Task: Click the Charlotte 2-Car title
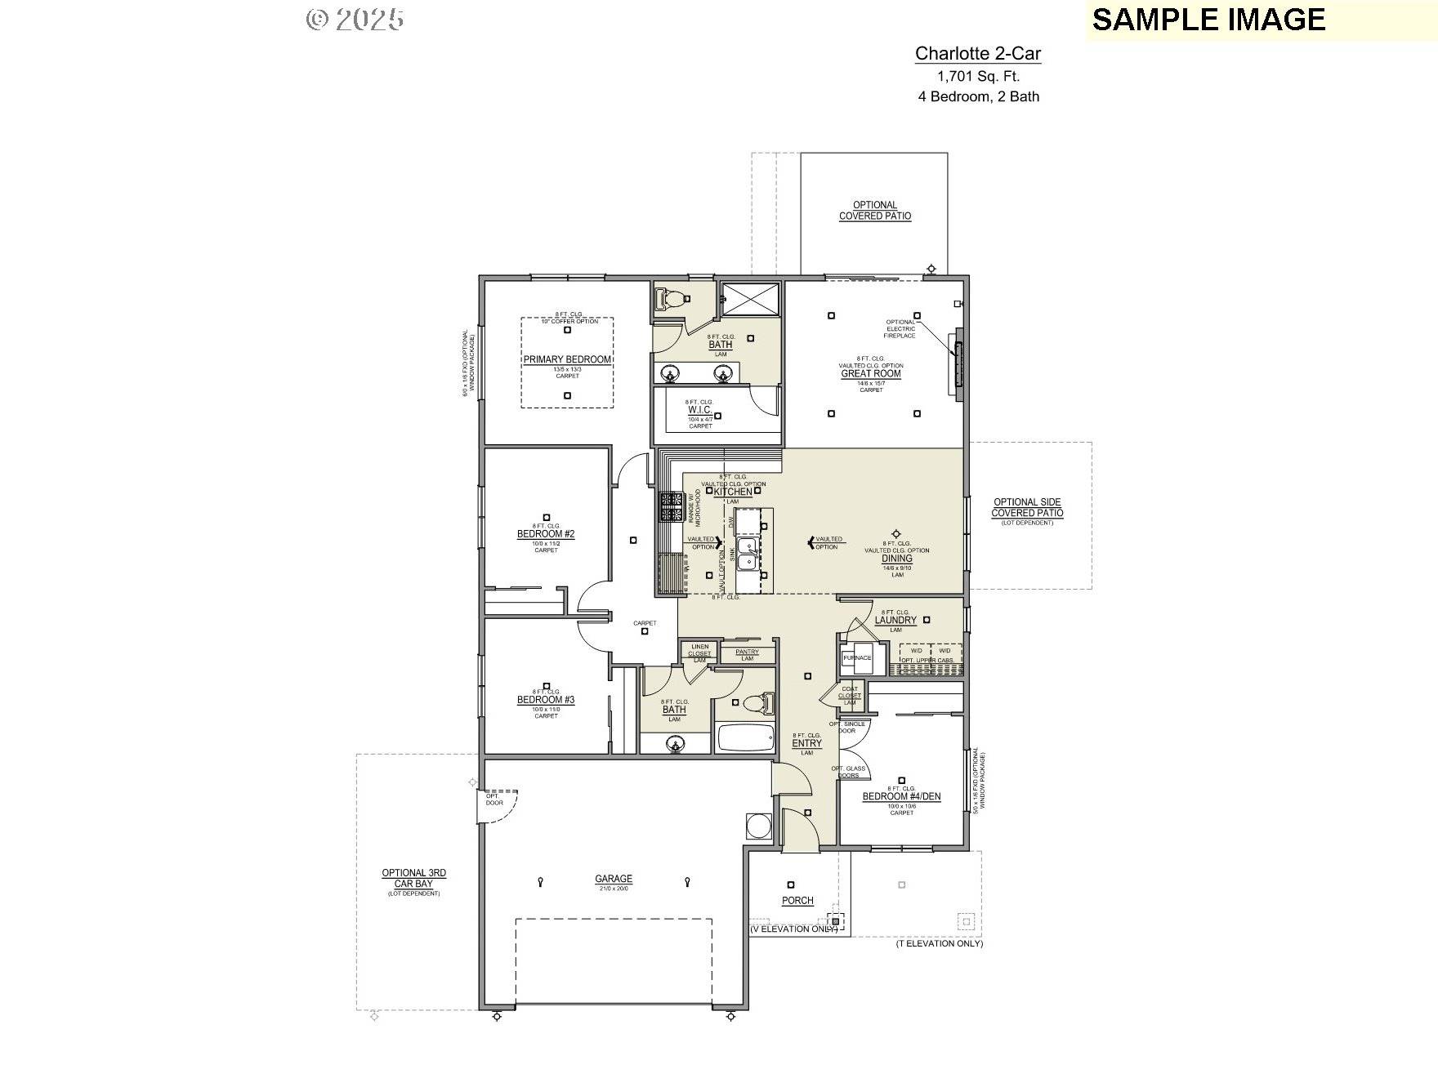pyautogui.click(x=977, y=54)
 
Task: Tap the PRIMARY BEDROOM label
pyautogui.click(x=567, y=359)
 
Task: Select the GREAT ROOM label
pyautogui.click(x=871, y=374)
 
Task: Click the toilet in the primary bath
pyautogui.click(x=670, y=300)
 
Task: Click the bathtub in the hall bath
pyautogui.click(x=745, y=738)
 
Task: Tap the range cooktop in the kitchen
pyautogui.click(x=672, y=506)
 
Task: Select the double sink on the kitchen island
pyautogui.click(x=747, y=554)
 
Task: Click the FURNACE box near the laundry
pyautogui.click(x=856, y=657)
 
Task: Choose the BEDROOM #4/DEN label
pyautogui.click(x=901, y=796)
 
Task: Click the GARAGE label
pyautogui.click(x=613, y=880)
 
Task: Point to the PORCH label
pyautogui.click(x=797, y=901)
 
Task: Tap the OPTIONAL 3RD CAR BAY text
pyautogui.click(x=413, y=878)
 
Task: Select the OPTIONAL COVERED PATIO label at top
pyautogui.click(x=874, y=211)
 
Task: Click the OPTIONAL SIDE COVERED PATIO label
pyautogui.click(x=1027, y=508)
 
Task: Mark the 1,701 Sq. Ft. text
pyautogui.click(x=978, y=77)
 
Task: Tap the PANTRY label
pyautogui.click(x=747, y=652)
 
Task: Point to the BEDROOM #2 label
pyautogui.click(x=546, y=534)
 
